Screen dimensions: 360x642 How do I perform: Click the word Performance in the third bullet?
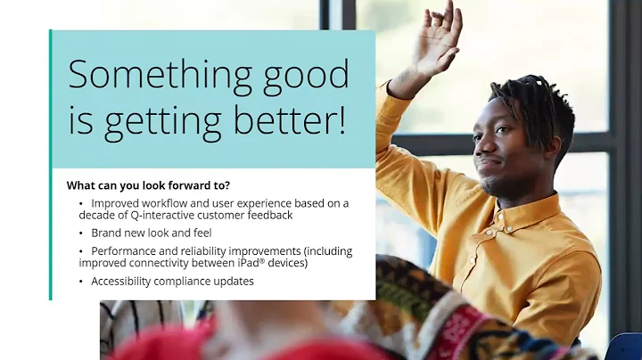point(122,251)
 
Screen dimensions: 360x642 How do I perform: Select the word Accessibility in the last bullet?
point(124,282)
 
